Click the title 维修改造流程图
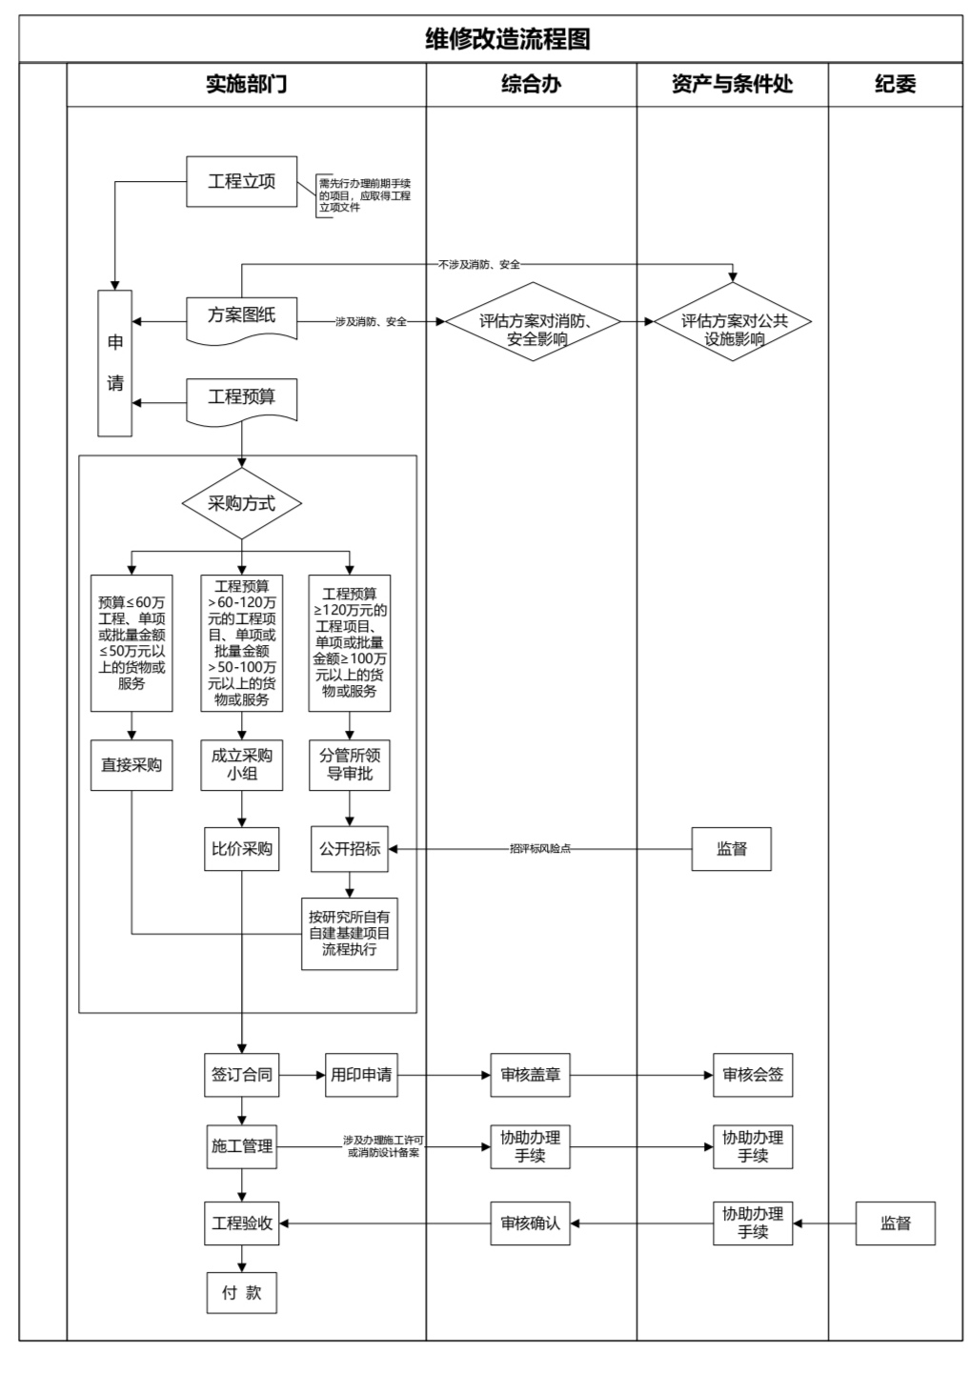[507, 39]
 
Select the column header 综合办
[531, 85]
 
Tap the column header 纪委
[895, 85]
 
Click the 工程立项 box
[241, 182]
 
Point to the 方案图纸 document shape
[241, 316]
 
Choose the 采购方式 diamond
[242, 503]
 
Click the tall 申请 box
[115, 363]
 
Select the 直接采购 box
[131, 764]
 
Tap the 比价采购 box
[242, 848]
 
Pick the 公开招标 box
[350, 848]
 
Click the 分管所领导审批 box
[350, 764]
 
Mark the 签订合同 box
[242, 1075]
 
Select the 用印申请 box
[361, 1075]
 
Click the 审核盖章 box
[531, 1075]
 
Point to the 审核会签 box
[753, 1075]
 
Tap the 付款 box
[242, 1293]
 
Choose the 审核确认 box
[531, 1223]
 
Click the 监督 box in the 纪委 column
[895, 1223]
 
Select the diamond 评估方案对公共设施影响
[733, 322]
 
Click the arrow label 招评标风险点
[540, 849]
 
